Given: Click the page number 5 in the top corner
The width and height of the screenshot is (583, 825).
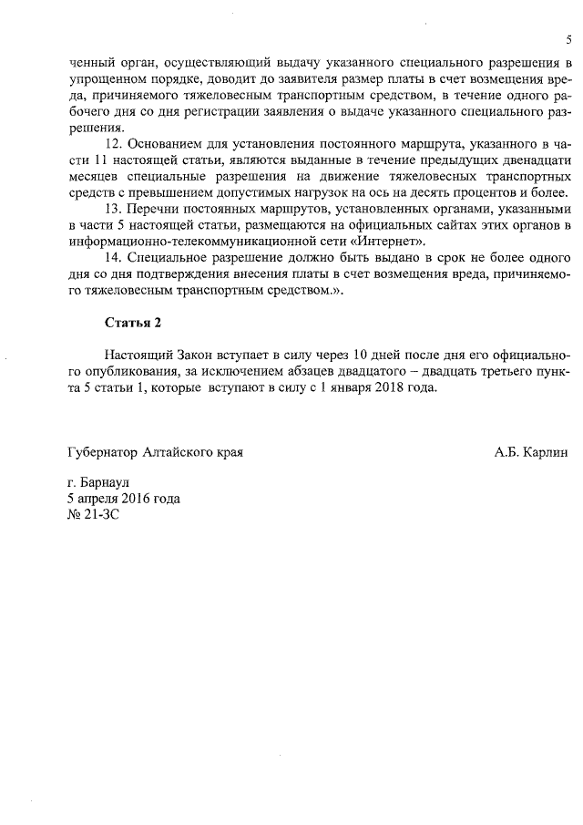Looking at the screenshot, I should click(568, 39).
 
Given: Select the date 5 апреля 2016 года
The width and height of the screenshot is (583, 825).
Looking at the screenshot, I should click(123, 499).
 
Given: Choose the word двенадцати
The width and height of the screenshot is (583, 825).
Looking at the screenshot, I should click(536, 160).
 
